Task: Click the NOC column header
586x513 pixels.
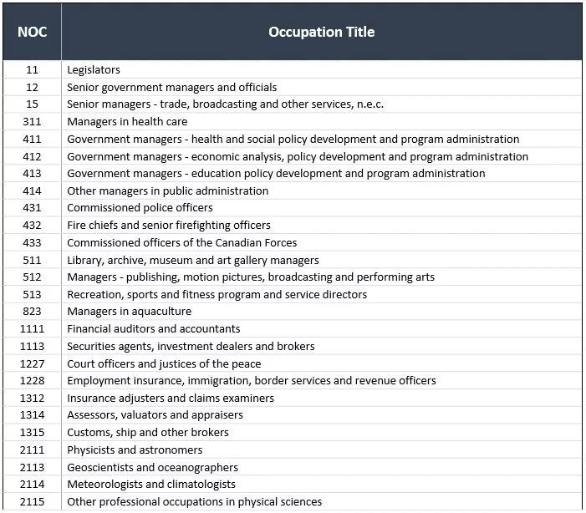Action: pyautogui.click(x=32, y=32)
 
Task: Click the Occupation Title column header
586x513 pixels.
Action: pyautogui.click(x=321, y=32)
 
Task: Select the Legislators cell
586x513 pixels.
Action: pyautogui.click(x=94, y=70)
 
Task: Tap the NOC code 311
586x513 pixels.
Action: pyautogui.click(x=32, y=122)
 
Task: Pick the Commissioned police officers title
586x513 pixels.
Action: pyautogui.click(x=140, y=208)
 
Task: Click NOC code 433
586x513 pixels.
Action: pyautogui.click(x=32, y=242)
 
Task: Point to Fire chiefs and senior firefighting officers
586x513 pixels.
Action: pyautogui.click(x=169, y=226)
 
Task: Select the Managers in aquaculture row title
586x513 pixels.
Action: pyautogui.click(x=129, y=312)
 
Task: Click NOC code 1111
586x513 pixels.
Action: pyautogui.click(x=32, y=329)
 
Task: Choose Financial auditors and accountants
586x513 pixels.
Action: pyautogui.click(x=154, y=329)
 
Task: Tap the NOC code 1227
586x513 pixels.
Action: pyautogui.click(x=32, y=363)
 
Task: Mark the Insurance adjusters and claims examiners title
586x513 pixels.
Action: pyautogui.click(x=171, y=399)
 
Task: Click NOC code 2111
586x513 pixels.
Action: pyautogui.click(x=32, y=450)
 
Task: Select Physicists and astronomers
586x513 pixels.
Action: pyautogui.click(x=135, y=450)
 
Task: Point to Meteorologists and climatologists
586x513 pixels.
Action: pyautogui.click(x=151, y=485)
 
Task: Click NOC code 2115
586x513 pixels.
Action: pyautogui.click(x=32, y=502)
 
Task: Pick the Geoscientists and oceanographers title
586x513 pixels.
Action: pyautogui.click(x=152, y=468)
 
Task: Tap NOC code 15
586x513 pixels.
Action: pyautogui.click(x=32, y=104)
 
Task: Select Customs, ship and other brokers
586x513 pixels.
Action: pyautogui.click(x=148, y=433)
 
